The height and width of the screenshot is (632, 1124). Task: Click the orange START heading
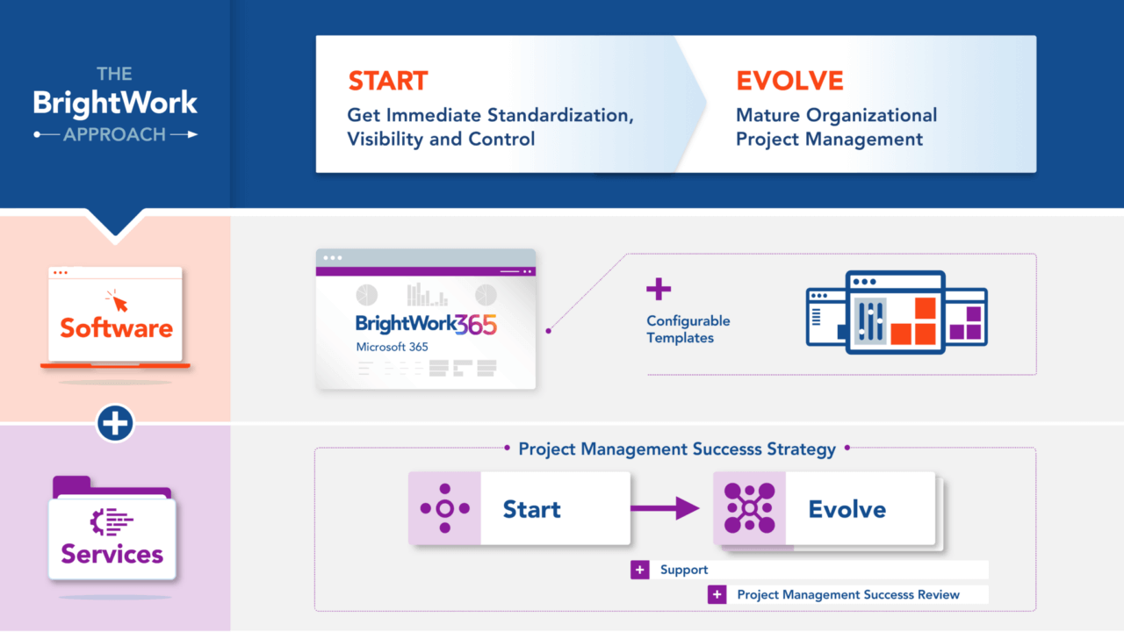pos(387,81)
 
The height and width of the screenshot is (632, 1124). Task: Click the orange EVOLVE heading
pos(789,81)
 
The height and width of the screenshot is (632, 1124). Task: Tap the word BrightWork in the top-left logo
pos(115,103)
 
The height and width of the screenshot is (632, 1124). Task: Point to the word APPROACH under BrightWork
pos(115,134)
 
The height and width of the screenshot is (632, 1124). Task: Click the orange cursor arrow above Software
pos(116,301)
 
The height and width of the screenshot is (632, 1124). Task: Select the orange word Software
pos(116,328)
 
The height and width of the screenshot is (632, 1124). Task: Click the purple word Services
pos(112,554)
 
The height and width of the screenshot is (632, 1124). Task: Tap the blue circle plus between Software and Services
pos(115,424)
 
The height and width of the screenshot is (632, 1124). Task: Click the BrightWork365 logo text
pos(426,325)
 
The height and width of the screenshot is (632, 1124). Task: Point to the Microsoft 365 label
pos(392,347)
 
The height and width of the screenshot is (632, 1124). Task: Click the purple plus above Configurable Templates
pos(658,289)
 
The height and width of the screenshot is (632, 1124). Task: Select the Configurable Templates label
pos(688,329)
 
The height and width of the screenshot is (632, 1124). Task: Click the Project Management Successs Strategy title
pos(676,449)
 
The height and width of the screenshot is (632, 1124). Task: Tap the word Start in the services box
pos(531,509)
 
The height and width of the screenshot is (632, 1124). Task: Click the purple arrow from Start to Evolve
pos(665,508)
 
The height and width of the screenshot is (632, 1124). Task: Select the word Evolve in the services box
pos(847,509)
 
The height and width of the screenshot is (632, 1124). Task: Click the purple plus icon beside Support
pos(639,570)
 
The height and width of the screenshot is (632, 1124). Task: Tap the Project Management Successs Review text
pos(847,594)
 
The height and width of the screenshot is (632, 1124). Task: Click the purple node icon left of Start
pos(444,508)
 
